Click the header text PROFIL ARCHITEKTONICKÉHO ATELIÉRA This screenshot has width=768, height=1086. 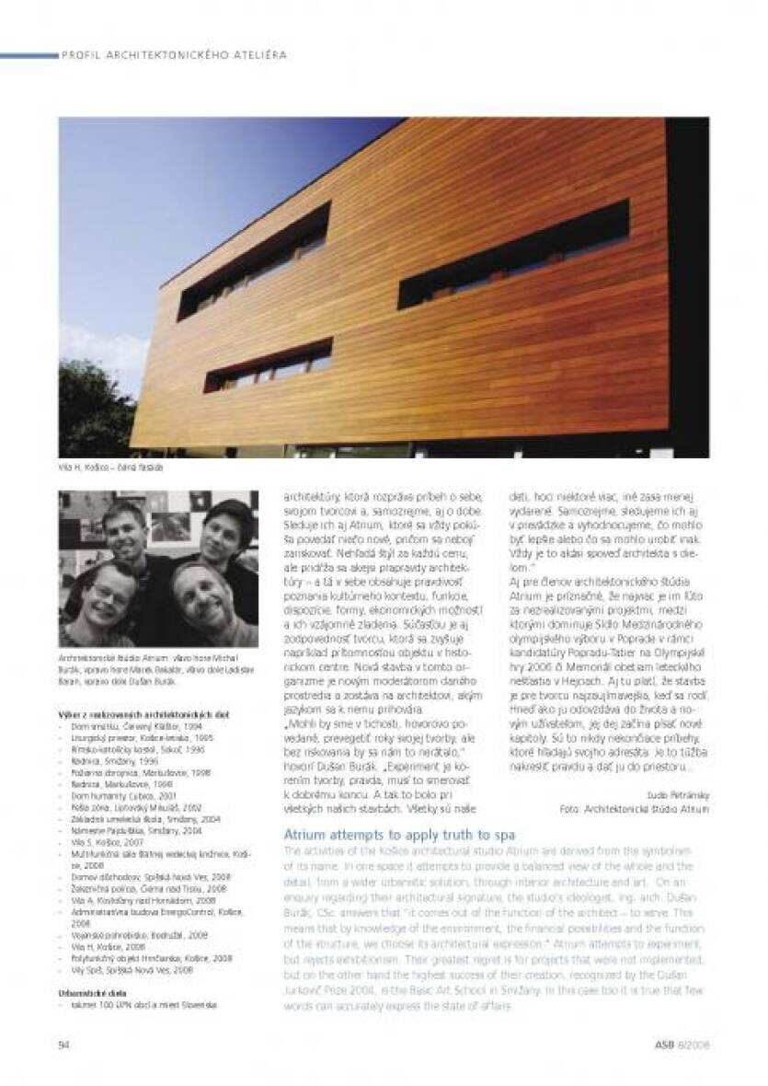click(x=174, y=55)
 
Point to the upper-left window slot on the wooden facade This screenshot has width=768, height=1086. click(x=255, y=261)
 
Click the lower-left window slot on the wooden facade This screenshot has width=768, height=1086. click(x=268, y=365)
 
